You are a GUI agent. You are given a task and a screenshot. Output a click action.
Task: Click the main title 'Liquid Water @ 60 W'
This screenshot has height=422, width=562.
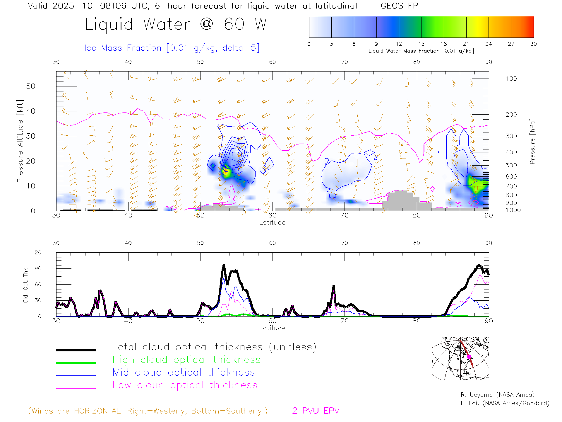[176, 24]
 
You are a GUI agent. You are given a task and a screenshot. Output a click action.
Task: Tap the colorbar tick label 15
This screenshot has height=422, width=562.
[421, 44]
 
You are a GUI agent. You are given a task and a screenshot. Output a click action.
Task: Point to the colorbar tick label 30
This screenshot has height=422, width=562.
[533, 44]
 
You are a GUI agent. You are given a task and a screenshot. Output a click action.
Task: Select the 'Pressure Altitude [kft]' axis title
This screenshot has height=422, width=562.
[20, 141]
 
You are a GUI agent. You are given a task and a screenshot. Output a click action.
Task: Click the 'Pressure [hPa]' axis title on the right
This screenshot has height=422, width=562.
[532, 141]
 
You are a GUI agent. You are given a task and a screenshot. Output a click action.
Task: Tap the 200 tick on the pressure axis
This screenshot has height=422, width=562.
[511, 115]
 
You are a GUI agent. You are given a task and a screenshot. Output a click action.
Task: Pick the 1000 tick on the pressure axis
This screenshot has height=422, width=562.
[513, 210]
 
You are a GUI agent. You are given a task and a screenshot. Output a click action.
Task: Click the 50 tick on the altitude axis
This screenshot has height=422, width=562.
[30, 86]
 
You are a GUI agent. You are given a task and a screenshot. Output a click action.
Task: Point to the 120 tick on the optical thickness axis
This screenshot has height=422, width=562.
[36, 253]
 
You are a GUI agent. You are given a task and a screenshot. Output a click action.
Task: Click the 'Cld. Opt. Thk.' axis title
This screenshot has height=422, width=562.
[26, 284]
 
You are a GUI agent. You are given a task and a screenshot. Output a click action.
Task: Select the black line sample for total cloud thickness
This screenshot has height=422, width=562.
[76, 350]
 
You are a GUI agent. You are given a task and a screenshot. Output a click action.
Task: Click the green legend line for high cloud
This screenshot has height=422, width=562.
[76, 363]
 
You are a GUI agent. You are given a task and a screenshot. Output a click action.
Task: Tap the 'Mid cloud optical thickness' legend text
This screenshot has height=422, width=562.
[184, 372]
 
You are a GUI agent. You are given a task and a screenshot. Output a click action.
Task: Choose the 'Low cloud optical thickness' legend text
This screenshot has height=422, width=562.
[185, 385]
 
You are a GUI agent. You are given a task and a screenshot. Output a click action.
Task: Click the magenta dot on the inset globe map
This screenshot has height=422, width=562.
[469, 357]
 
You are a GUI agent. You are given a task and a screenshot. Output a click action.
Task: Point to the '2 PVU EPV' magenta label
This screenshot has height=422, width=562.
[316, 411]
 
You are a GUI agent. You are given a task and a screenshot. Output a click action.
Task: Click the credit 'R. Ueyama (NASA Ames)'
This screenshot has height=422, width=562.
[497, 395]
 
